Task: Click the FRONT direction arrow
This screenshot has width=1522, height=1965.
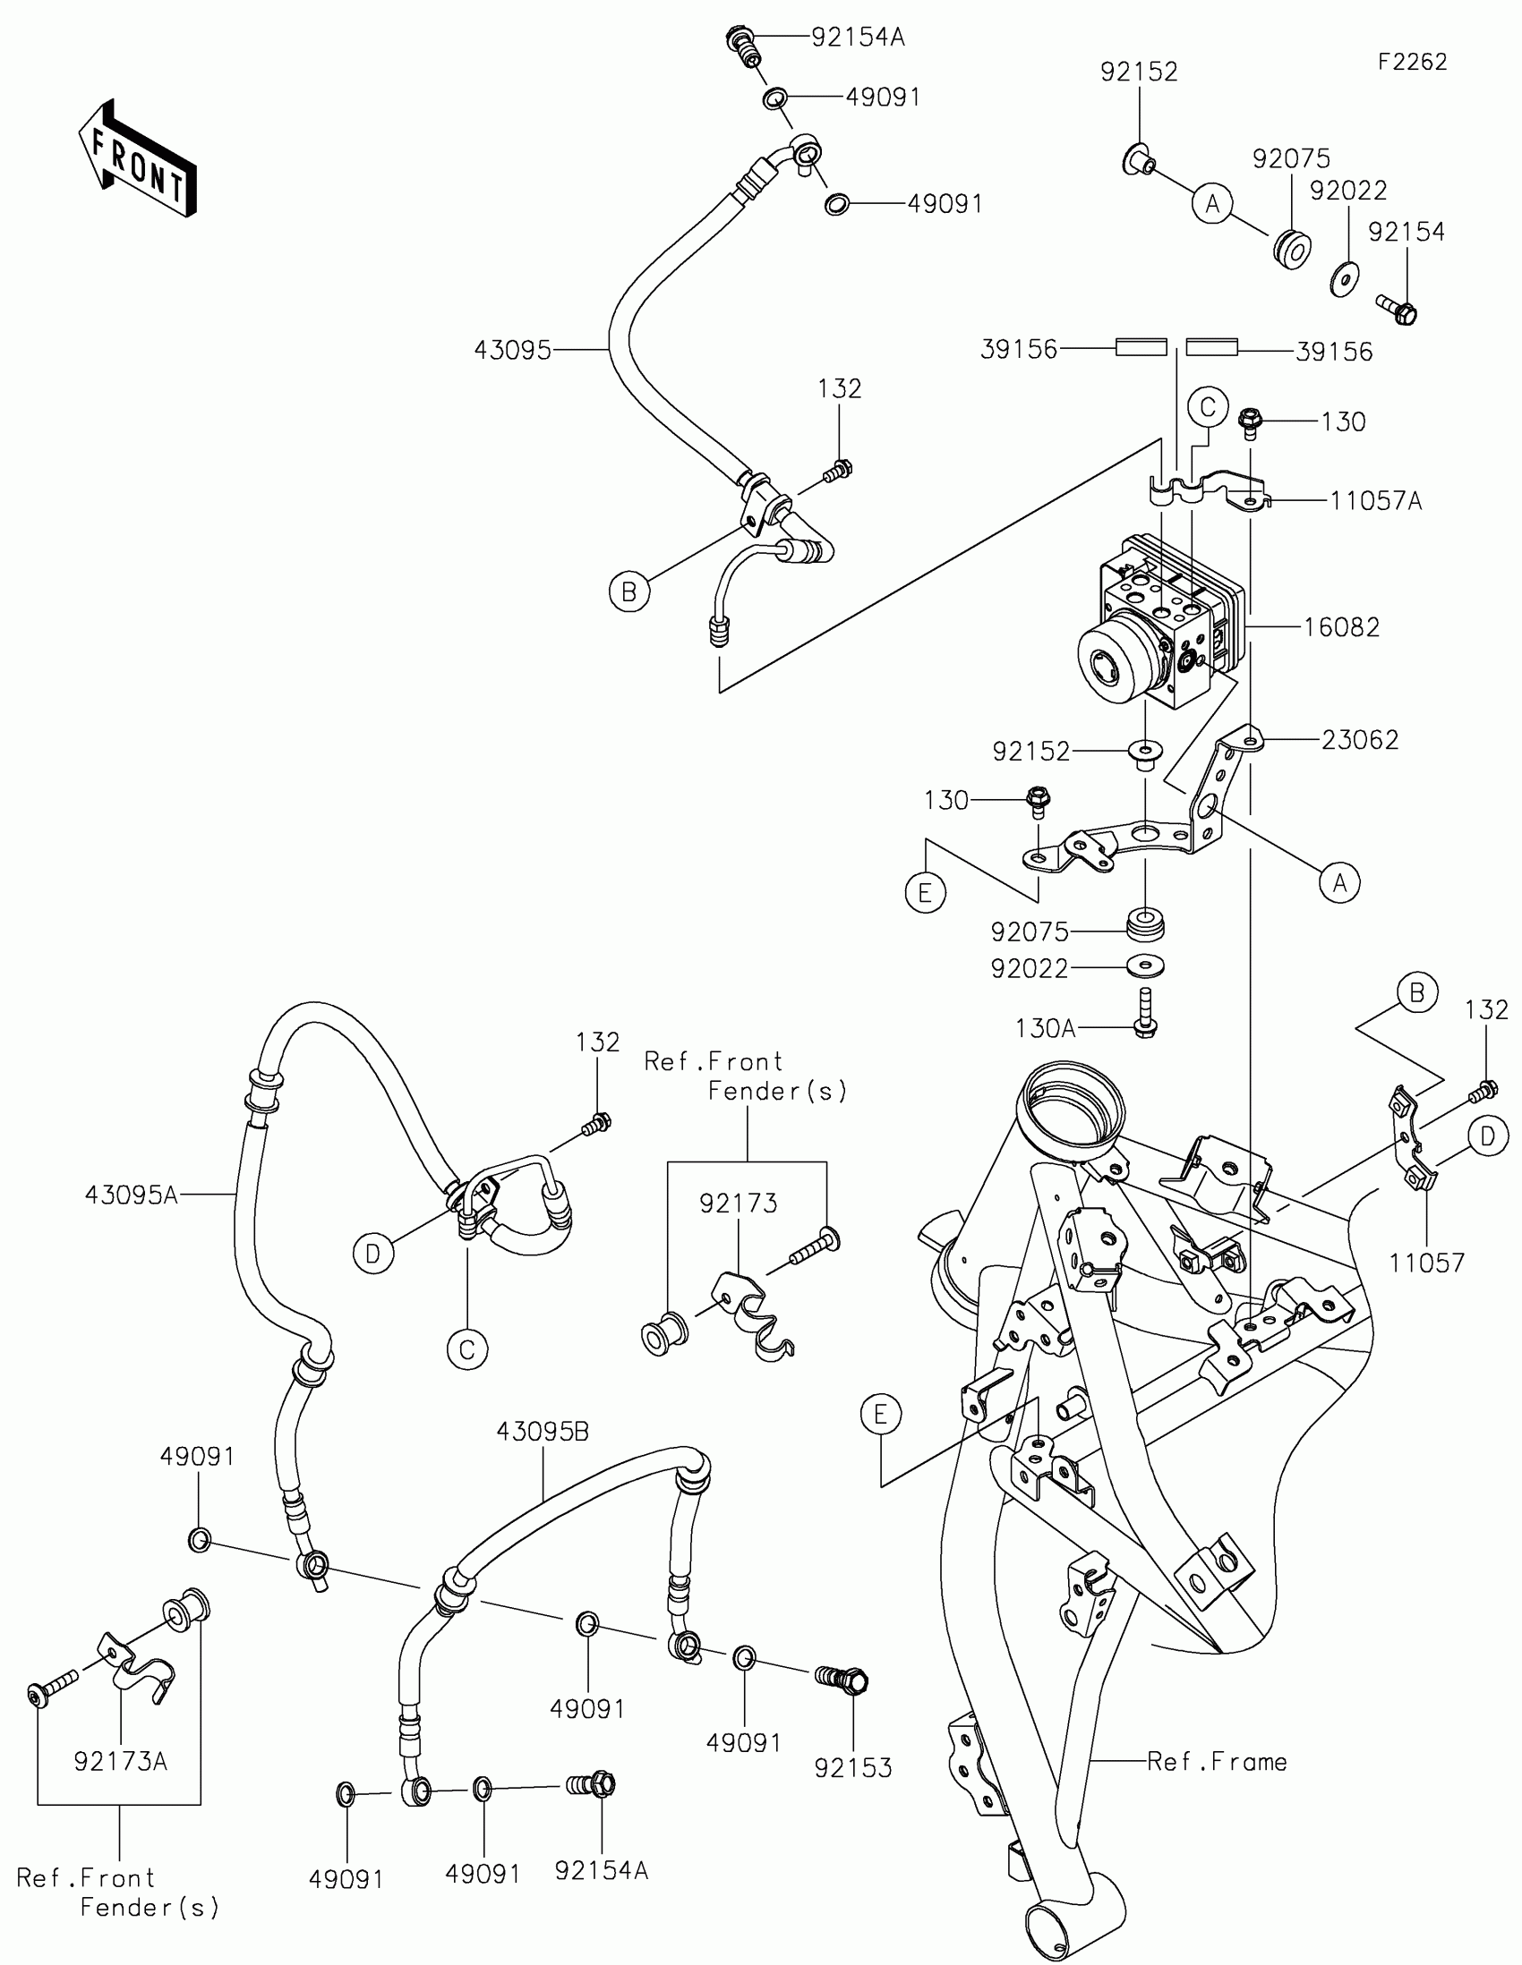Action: (x=138, y=157)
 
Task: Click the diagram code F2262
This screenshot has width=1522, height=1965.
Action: (x=1411, y=62)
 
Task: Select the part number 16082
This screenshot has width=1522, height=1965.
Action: (x=1341, y=627)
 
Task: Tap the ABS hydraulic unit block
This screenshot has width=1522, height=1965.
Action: (x=1161, y=621)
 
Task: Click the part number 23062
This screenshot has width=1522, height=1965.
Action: (x=1359, y=740)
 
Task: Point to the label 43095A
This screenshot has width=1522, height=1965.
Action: (x=132, y=1195)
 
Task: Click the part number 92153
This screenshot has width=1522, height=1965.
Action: (x=852, y=1767)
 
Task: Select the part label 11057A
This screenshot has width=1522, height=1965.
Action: (x=1376, y=501)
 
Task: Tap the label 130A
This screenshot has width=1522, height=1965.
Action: (x=1045, y=1028)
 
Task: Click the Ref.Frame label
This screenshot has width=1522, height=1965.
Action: (x=1217, y=1762)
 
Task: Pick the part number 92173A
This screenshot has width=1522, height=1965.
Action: (x=121, y=1761)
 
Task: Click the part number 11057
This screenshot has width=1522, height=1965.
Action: (x=1426, y=1263)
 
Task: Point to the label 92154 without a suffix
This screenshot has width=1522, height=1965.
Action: (x=1406, y=232)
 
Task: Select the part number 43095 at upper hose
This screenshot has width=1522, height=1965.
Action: (x=512, y=350)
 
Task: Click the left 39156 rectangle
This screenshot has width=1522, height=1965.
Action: (x=1141, y=347)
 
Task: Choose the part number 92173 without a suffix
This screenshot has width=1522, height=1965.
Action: (x=738, y=1203)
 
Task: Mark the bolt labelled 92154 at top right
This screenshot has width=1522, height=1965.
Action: (x=1397, y=309)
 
